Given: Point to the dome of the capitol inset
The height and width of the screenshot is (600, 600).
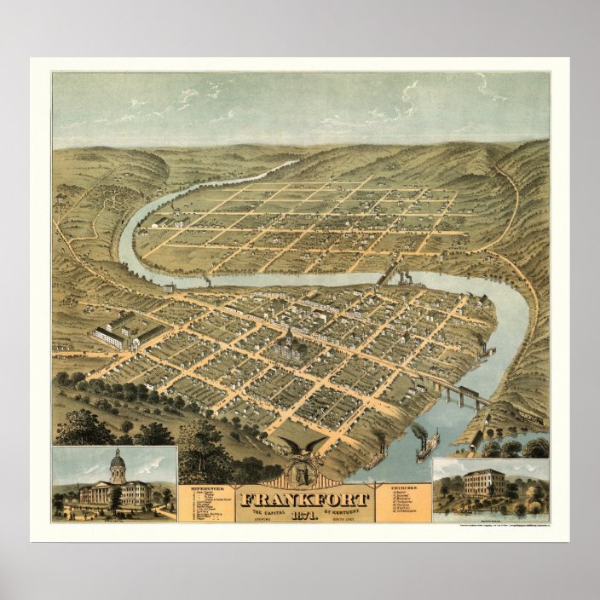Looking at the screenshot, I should coord(117,464).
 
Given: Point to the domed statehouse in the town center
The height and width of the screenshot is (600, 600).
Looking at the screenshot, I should coord(287,343).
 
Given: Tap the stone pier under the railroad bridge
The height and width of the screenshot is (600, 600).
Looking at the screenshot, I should coord(446,393).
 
